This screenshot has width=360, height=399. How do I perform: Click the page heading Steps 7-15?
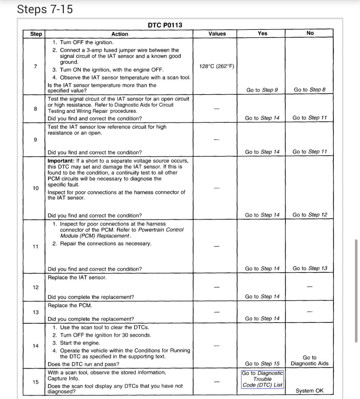45,9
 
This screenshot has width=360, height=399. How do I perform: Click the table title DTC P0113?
165,25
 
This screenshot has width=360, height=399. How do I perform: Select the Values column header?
217,34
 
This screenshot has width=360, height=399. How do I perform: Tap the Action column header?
120,34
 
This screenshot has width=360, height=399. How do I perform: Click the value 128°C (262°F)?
216,66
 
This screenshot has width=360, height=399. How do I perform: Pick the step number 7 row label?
35,66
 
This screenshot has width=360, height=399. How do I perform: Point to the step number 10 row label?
36,188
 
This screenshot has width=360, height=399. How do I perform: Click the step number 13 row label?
36,312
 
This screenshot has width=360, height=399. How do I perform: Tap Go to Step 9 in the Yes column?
262,90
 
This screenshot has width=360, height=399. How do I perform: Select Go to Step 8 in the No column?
310,90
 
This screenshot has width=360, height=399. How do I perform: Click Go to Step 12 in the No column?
310,215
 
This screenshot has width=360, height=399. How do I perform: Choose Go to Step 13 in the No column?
310,268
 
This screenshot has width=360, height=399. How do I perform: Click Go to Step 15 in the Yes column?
262,364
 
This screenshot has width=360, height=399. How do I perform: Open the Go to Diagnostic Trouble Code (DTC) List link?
262,379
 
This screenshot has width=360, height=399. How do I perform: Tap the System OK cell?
310,391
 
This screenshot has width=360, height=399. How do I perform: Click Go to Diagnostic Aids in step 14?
310,361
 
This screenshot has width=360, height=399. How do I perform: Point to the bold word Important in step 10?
61,161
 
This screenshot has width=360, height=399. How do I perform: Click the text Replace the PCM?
70,305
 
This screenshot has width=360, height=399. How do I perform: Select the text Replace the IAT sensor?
77,278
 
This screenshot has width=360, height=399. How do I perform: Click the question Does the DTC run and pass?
83,364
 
